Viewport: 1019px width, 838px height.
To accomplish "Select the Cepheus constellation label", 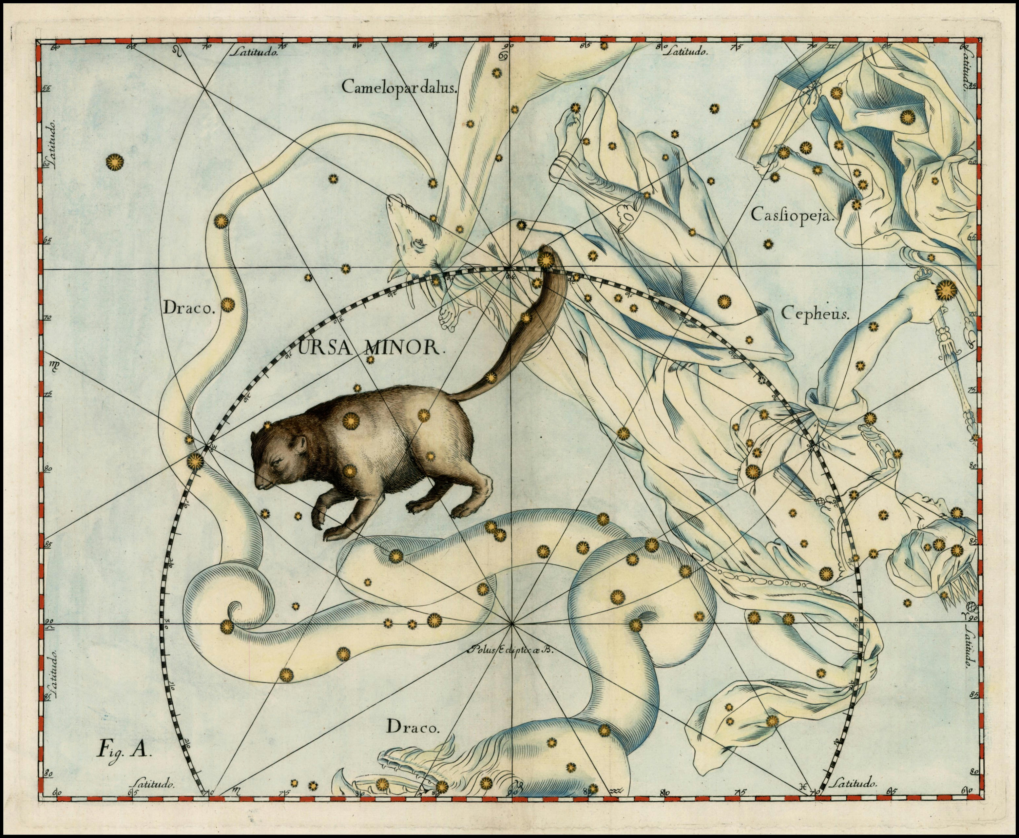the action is click(x=814, y=314).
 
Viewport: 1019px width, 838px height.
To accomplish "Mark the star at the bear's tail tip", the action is click(x=546, y=260).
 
